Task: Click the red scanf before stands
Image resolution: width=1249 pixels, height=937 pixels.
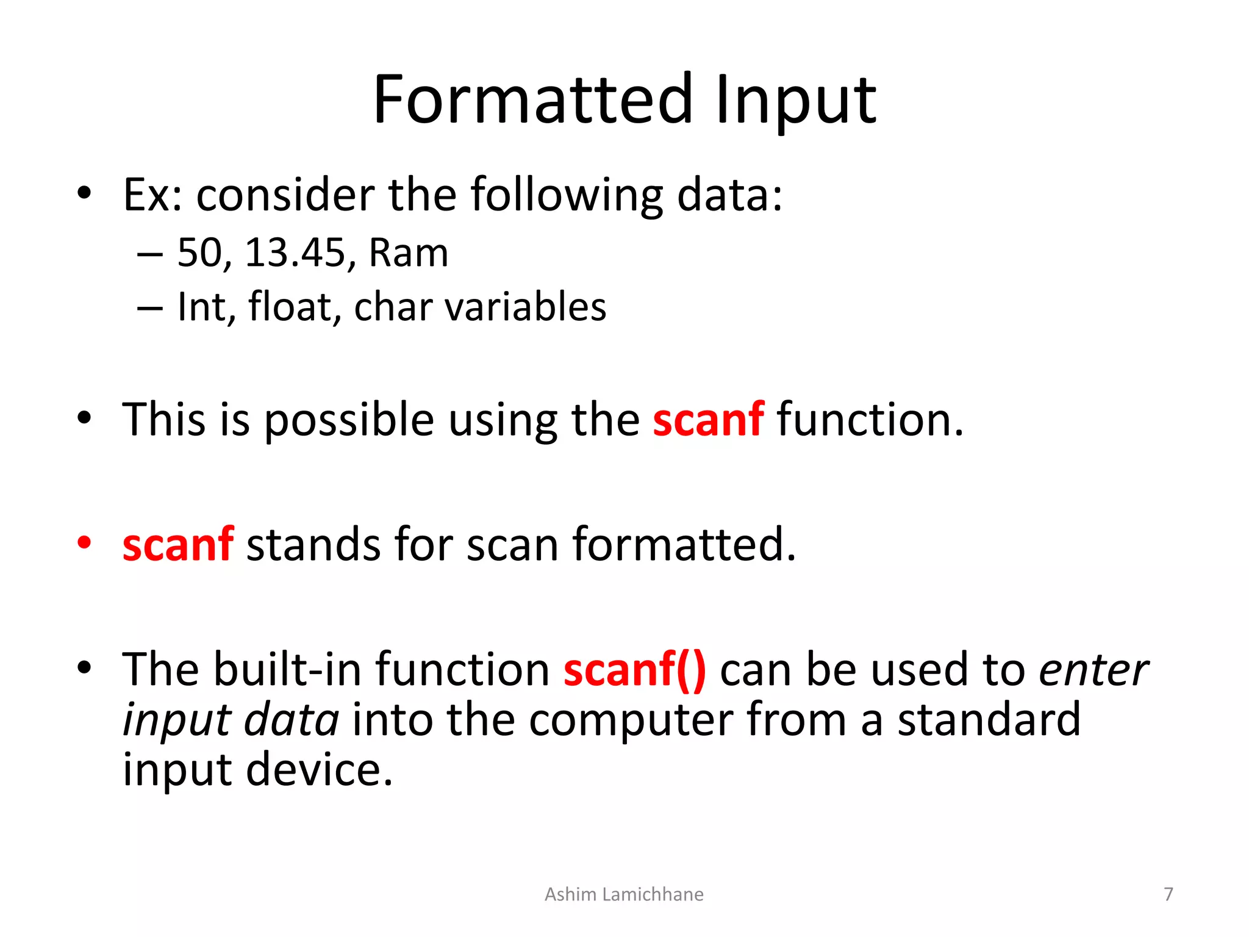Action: [177, 544]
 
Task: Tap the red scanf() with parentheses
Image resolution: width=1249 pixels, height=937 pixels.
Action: [634, 670]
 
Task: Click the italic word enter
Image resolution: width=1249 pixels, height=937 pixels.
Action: [1093, 670]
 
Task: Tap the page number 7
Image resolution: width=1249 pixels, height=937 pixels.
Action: [1168, 894]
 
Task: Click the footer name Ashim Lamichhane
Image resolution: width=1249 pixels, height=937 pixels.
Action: [623, 894]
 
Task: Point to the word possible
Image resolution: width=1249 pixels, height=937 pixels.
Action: [349, 421]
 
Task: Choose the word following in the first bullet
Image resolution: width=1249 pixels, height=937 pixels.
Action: [567, 195]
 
